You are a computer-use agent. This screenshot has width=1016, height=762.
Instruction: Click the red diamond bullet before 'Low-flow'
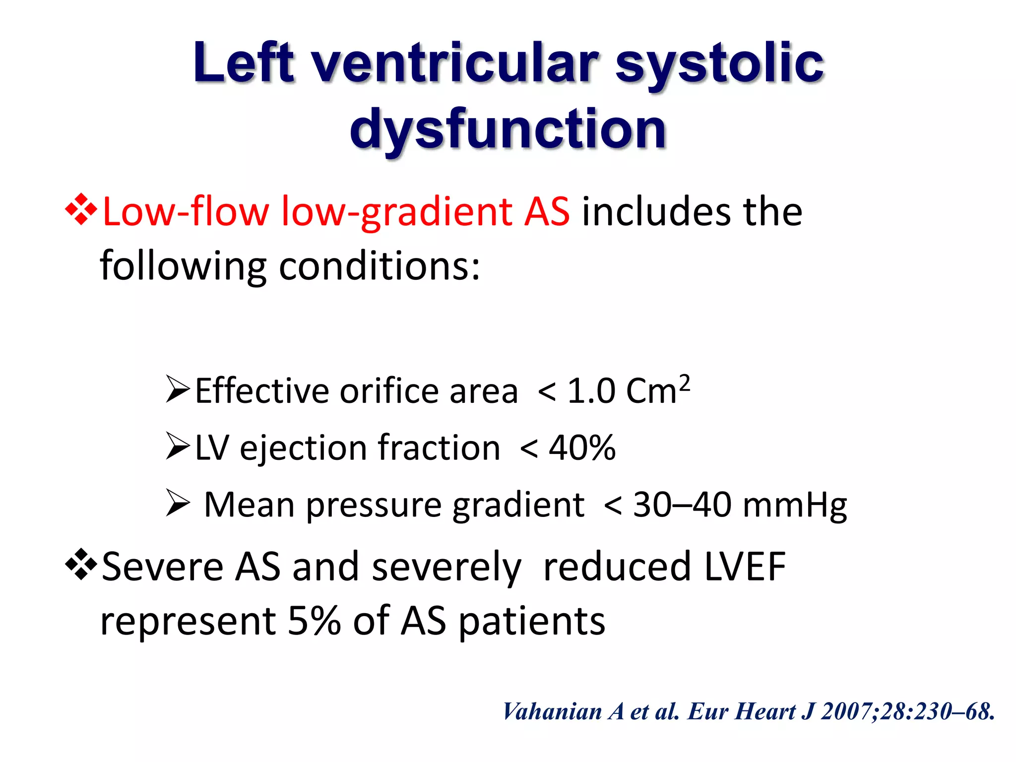click(80, 210)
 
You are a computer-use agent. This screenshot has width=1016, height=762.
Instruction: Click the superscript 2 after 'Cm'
click(684, 383)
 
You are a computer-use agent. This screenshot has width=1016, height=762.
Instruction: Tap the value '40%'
click(581, 448)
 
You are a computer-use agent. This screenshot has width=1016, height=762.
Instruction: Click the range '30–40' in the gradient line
click(682, 505)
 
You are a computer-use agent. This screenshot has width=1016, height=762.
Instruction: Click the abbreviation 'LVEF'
click(745, 567)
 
